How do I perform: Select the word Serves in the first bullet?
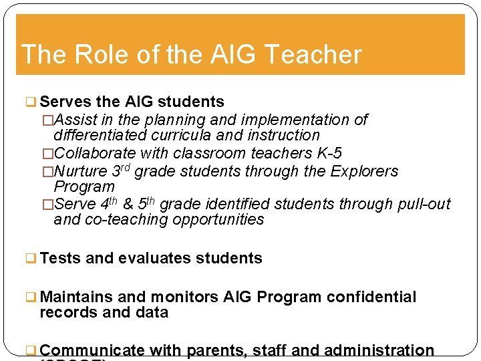click(65, 102)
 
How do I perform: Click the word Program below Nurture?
click(84, 187)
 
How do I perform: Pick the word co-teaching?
click(126, 220)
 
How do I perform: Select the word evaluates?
click(152, 258)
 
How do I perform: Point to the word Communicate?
click(92, 350)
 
